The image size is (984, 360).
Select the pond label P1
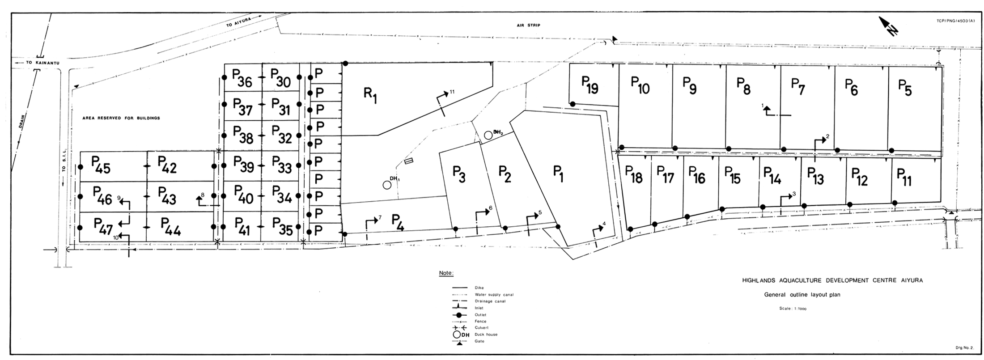558,174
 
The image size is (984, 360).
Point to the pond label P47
103,226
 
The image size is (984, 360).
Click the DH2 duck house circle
488,135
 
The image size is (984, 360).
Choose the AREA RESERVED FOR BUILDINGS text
121,118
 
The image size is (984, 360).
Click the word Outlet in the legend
480,315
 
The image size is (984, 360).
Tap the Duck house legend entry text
486,335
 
